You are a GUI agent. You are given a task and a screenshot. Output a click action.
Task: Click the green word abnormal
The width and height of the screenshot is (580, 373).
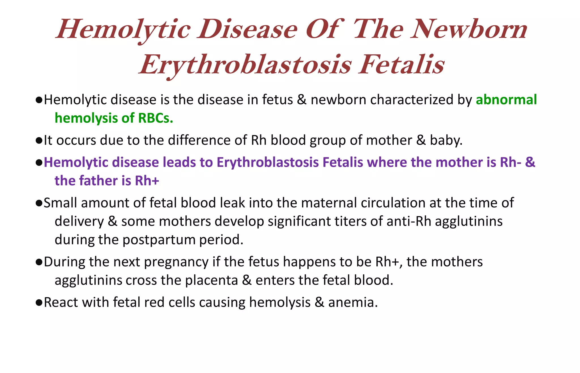pos(506,100)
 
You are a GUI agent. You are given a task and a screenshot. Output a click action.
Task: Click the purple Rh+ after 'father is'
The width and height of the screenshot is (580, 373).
pos(147,181)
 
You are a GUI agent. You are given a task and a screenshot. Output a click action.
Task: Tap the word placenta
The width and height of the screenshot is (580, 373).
pos(211,280)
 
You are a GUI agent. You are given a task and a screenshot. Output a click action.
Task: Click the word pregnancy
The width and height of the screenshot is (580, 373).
pos(176,262)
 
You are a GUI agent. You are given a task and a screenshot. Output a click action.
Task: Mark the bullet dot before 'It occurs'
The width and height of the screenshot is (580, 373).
pos(39,141)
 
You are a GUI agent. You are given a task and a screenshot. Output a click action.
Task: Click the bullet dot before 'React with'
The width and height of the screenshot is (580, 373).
pos(39,303)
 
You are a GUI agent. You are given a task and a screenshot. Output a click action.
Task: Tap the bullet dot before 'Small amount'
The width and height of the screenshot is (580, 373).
pos(39,203)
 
